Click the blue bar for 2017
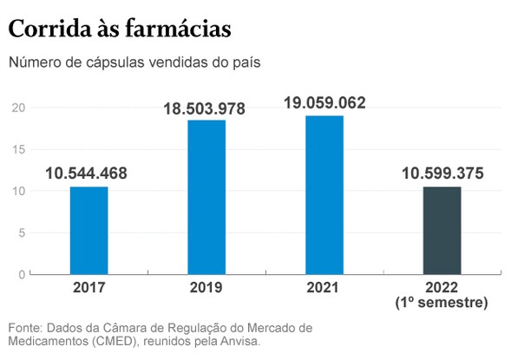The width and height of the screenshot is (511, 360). tap(88, 230)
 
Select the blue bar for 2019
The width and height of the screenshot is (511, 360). tap(206, 197)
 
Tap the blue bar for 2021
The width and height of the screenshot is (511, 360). tap(324, 194)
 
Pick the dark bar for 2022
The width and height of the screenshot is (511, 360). tap(442, 230)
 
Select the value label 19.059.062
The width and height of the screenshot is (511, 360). tap(324, 103)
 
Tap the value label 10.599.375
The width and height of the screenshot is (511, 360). tap(442, 173)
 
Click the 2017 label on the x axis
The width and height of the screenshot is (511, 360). tap(88, 288)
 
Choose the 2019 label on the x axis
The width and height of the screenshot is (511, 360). tap(206, 288)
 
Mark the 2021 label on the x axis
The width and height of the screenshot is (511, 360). tap(324, 288)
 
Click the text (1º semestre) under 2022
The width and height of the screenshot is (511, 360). tap(442, 303)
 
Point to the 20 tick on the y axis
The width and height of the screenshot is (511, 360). tap(18, 108)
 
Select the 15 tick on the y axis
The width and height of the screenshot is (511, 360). tap(18, 149)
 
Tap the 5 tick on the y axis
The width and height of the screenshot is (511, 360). tap(22, 232)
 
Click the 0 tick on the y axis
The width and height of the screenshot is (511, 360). tap(22, 274)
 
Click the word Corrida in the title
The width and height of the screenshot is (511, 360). tap(47, 29)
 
